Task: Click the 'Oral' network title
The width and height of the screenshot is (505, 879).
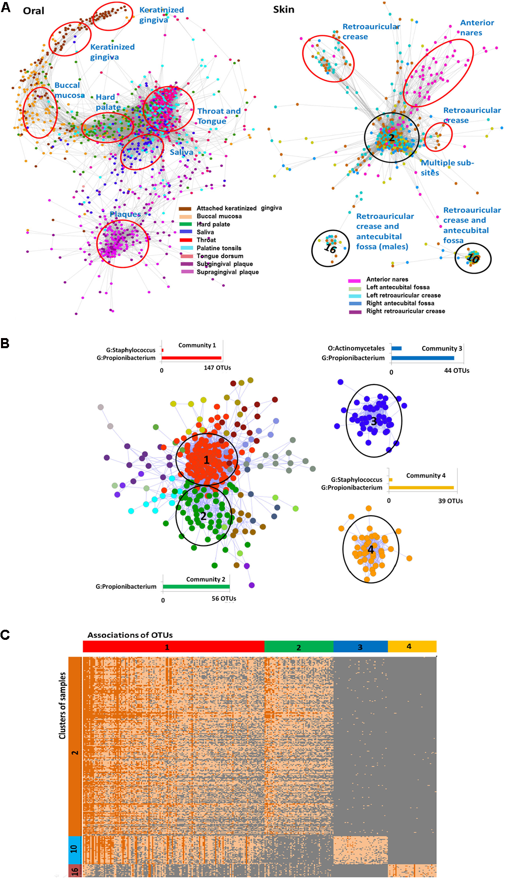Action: click(33, 11)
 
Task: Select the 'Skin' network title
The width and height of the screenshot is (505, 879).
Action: click(283, 10)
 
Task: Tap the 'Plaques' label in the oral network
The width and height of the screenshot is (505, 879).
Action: click(125, 214)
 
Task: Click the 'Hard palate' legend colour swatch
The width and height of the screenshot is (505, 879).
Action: click(186, 224)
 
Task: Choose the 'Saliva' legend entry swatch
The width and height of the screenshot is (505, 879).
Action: click(186, 232)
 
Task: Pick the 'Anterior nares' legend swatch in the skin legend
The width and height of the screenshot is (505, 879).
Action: click(355, 280)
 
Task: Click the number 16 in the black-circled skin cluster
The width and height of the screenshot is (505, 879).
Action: click(330, 248)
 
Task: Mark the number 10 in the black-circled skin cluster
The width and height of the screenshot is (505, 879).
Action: click(473, 258)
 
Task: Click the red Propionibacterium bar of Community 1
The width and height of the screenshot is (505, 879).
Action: click(191, 358)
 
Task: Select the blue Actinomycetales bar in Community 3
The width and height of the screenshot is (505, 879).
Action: click(396, 348)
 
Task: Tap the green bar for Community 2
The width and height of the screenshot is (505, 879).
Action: click(196, 587)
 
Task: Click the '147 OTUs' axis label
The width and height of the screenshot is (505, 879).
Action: click(217, 368)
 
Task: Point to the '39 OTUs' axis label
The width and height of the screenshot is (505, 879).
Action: click(450, 501)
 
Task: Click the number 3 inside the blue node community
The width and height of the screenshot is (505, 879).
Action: click(374, 421)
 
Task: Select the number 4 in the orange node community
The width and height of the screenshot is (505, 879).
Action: click(371, 550)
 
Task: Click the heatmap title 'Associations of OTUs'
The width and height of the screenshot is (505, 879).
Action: click(130, 635)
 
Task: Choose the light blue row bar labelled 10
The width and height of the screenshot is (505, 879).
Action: click(74, 849)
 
